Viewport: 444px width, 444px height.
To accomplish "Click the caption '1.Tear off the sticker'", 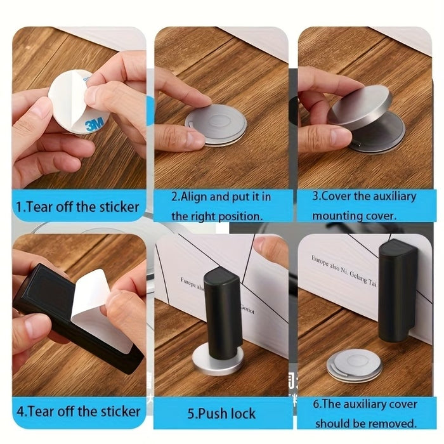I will click(x=78, y=206).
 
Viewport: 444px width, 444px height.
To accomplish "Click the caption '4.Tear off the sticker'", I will click(x=78, y=411).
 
